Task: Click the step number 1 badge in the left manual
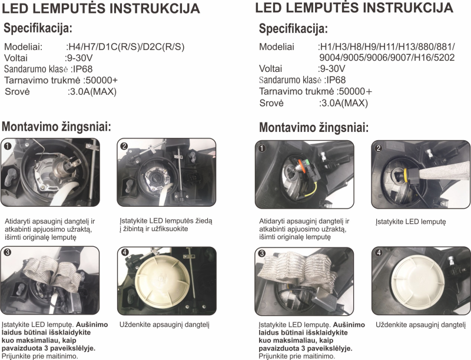[x=8, y=146]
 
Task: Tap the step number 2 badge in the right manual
[x=379, y=148]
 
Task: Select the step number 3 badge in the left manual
[x=7, y=252]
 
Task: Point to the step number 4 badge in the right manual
[x=379, y=253]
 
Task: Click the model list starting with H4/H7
[x=126, y=47]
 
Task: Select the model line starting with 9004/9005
[x=387, y=57]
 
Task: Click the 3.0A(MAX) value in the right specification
[x=344, y=103]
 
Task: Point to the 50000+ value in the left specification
[x=102, y=80]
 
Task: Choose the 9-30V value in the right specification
[x=333, y=68]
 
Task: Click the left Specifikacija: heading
[x=38, y=28]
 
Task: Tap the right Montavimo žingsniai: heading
[x=314, y=128]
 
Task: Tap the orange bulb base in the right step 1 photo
[x=300, y=166]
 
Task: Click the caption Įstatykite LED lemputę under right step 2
[x=410, y=222]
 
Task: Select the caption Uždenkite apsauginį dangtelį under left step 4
[x=164, y=325]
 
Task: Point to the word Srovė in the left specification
[x=18, y=91]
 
